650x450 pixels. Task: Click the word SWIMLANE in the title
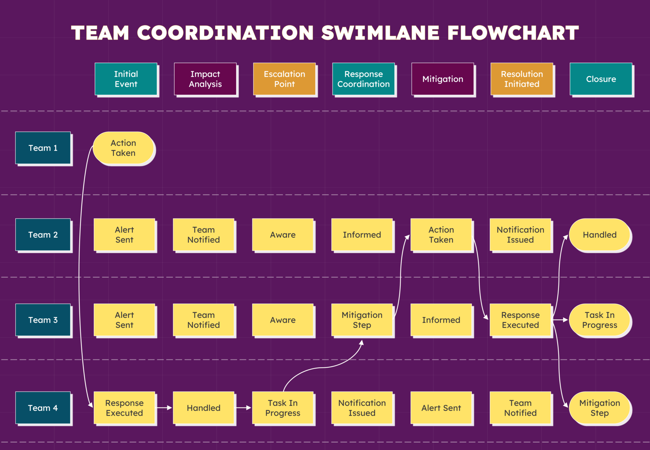point(380,33)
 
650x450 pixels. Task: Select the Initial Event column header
point(126,79)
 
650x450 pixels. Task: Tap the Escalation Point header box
point(284,79)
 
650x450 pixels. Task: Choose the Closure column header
point(601,79)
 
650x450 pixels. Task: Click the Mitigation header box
point(442,79)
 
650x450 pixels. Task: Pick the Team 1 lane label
point(43,148)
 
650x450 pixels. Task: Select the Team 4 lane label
point(43,408)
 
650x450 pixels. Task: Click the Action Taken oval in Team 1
point(124,148)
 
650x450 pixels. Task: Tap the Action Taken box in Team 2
point(441,235)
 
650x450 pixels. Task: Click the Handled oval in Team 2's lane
point(600,235)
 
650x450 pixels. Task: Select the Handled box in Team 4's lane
point(203,408)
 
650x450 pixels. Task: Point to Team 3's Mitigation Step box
point(362,320)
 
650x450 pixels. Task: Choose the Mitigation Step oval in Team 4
point(600,408)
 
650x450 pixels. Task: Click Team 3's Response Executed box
point(520,320)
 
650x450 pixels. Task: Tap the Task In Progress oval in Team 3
point(600,320)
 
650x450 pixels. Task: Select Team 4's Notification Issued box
point(362,408)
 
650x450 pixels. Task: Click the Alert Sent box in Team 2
point(124,235)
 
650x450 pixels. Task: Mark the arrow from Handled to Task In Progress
point(243,408)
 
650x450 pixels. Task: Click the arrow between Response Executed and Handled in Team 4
point(164,408)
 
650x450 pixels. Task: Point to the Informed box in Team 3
point(441,320)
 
